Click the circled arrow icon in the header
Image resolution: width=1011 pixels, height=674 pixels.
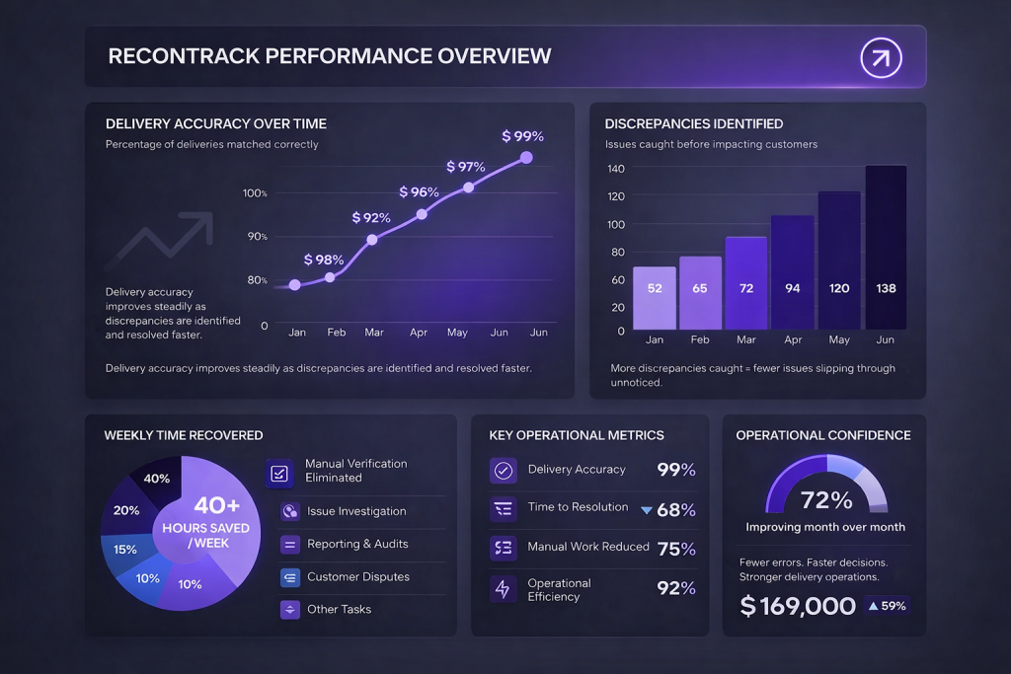pos(881,57)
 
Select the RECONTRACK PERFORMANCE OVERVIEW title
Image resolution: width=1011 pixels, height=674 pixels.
pos(330,56)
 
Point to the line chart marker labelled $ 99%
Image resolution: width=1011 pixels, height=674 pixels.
pos(526,157)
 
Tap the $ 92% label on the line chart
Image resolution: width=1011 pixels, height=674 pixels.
pos(371,217)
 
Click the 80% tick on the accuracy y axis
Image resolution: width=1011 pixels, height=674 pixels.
pos(257,280)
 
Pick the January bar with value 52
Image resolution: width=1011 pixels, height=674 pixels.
pos(654,297)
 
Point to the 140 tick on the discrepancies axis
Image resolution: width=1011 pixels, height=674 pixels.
pos(616,169)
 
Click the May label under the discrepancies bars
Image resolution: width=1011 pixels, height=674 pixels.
pos(838,339)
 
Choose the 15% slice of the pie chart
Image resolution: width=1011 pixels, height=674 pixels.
pos(125,550)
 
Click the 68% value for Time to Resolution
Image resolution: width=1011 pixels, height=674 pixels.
pos(676,510)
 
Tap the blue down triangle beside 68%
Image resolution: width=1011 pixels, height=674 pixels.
pos(647,510)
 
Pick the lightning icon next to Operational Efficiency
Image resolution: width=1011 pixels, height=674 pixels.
pos(504,589)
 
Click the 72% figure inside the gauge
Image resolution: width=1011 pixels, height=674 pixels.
pos(826,499)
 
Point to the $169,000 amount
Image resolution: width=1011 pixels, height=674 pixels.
pos(798,606)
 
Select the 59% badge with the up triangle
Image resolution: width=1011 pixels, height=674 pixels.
pos(887,606)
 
